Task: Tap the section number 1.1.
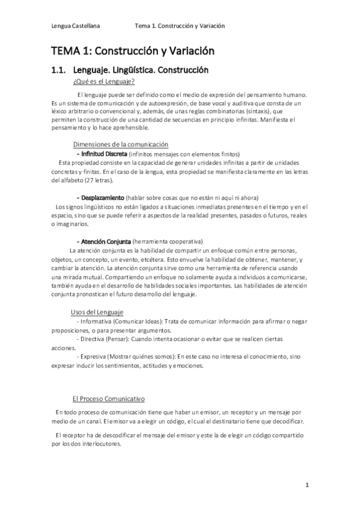pyautogui.click(x=62, y=70)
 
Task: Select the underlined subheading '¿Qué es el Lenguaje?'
pyautogui.click(x=103, y=82)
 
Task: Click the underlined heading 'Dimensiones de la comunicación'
pyautogui.click(x=120, y=144)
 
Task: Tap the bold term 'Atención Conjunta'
pyautogui.click(x=105, y=241)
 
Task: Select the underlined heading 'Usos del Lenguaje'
pyautogui.click(x=97, y=313)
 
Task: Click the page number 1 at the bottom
pyautogui.click(x=307, y=485)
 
